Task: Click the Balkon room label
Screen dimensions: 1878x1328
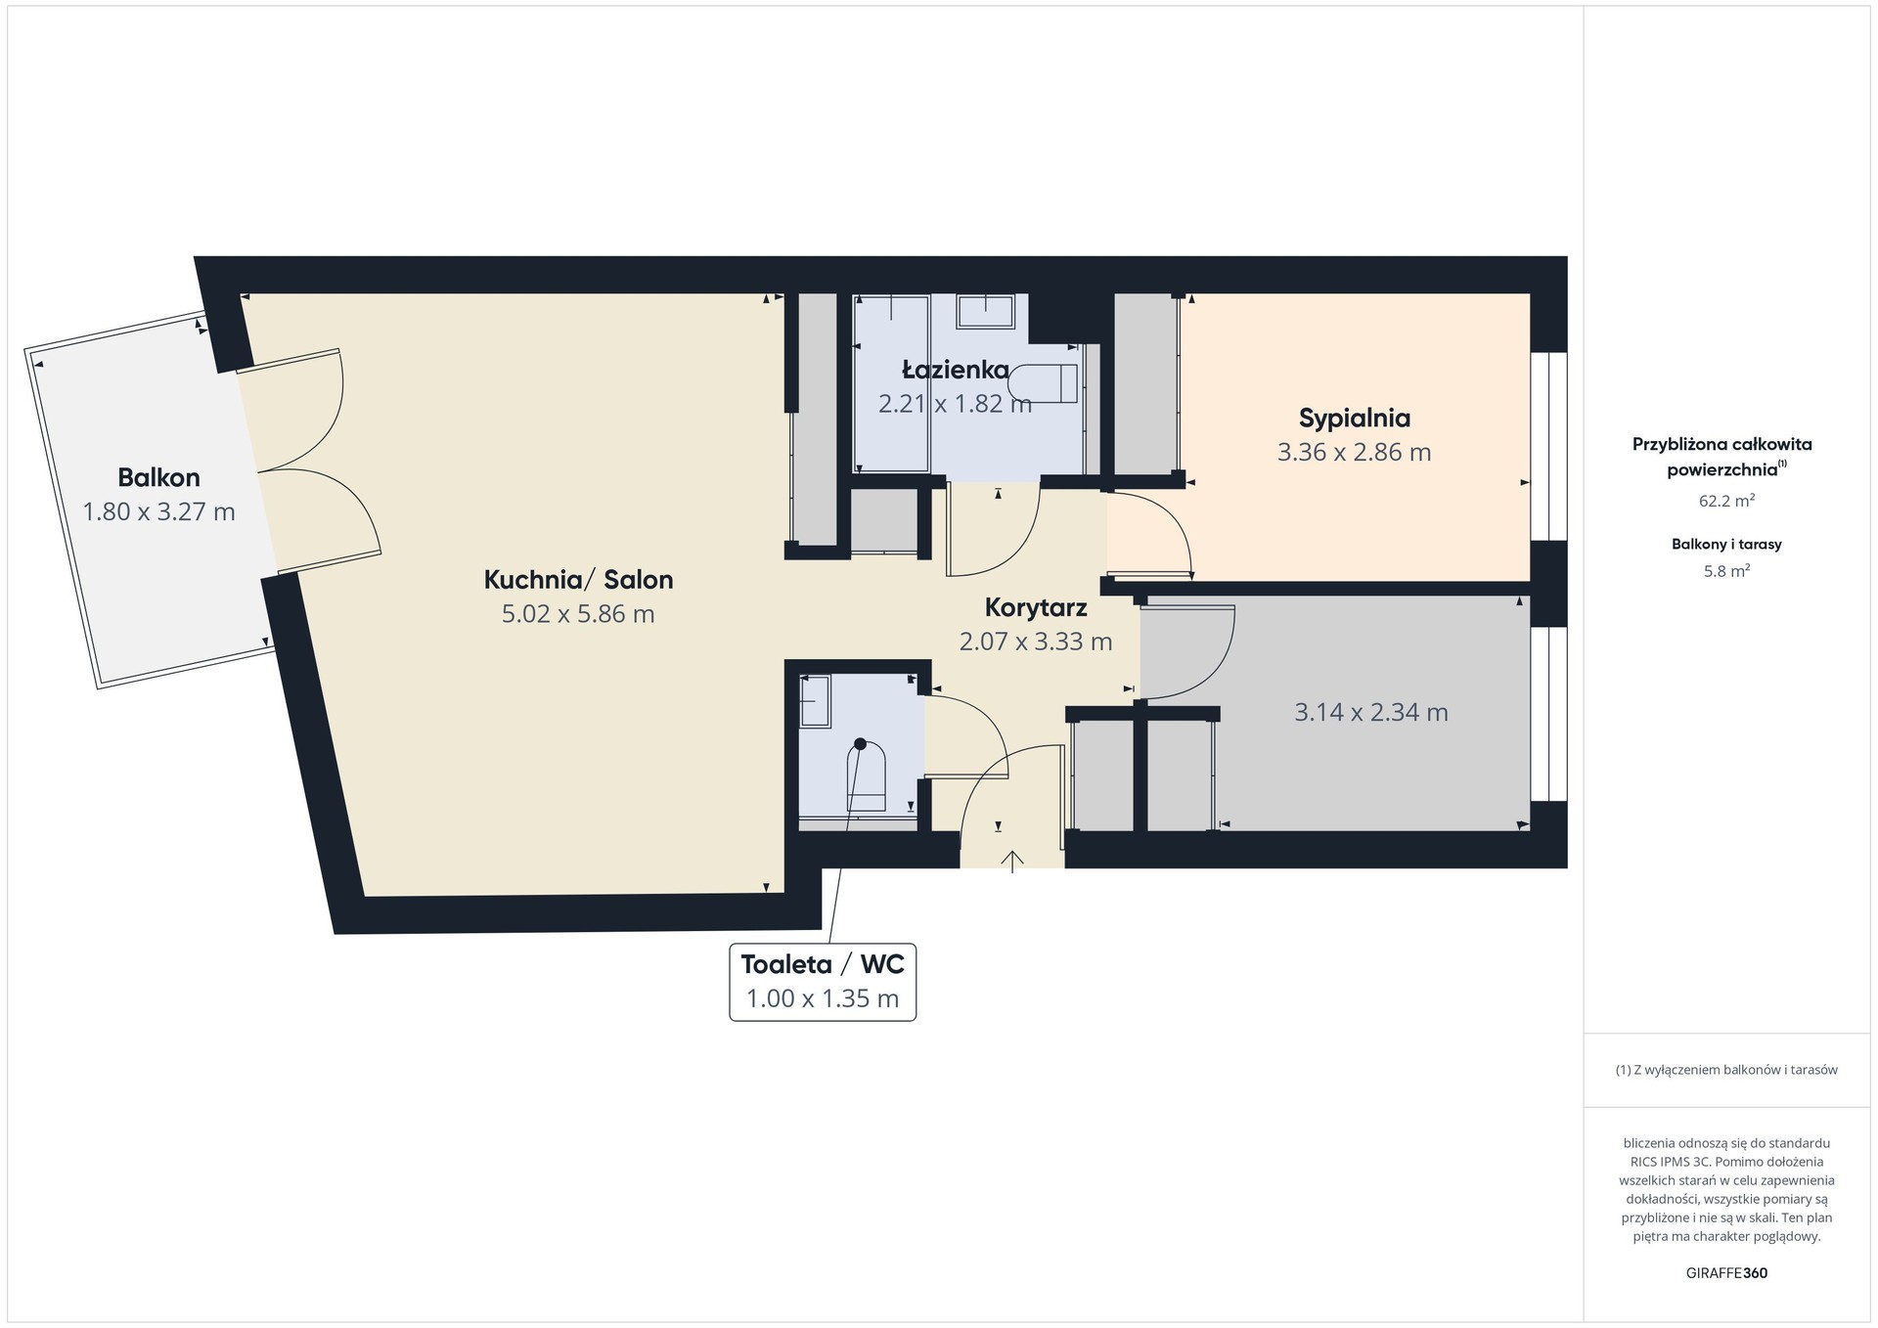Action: (x=158, y=477)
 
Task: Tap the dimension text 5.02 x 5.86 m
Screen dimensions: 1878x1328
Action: (x=578, y=614)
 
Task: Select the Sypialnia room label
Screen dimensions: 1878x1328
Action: (x=1355, y=419)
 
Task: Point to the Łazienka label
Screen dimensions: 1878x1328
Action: (x=956, y=370)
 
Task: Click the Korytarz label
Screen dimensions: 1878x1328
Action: (x=1036, y=608)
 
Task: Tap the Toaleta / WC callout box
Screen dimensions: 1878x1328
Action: (x=823, y=982)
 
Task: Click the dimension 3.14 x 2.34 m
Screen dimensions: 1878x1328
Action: (x=1371, y=712)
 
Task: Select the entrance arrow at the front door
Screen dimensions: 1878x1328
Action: (x=1011, y=861)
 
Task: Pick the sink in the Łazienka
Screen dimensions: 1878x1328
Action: (x=986, y=311)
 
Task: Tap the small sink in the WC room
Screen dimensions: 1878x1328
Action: (x=815, y=701)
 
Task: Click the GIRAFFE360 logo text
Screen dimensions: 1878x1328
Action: (x=1726, y=1273)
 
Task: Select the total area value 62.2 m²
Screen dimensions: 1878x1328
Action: (x=1726, y=501)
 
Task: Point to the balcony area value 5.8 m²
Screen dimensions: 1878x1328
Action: (x=1726, y=571)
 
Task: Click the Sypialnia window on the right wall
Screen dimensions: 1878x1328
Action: (x=1549, y=446)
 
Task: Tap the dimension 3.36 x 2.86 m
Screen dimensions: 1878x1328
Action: (x=1355, y=453)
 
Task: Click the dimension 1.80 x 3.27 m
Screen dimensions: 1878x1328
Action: (x=158, y=511)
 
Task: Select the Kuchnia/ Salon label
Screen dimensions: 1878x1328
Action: (x=578, y=580)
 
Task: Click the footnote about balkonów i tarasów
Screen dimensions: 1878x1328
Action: (x=1726, y=1070)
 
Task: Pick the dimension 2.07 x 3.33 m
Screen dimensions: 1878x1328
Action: (x=1036, y=642)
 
